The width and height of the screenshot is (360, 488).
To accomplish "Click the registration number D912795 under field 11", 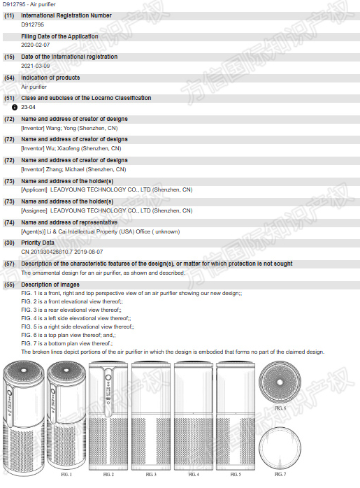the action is point(32,24).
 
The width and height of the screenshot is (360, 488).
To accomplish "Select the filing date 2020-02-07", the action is point(36,45).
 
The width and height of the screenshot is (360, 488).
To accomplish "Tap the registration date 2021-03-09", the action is point(36,66).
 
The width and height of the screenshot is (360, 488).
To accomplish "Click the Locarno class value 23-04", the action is point(29,107).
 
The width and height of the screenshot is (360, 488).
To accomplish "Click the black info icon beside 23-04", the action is point(14,108).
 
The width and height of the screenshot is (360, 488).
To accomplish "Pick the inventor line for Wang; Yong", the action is point(69,128).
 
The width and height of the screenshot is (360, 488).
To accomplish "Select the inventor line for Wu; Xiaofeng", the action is point(71,148).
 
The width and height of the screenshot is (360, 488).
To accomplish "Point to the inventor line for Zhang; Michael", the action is point(73,170).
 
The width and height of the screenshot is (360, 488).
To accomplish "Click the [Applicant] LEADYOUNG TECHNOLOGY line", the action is point(107,190).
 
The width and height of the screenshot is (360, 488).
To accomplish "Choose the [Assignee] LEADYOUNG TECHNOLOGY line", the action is point(107,210).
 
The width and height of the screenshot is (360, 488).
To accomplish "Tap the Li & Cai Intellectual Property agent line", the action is point(101,232).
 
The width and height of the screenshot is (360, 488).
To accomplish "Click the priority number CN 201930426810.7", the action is point(46,252).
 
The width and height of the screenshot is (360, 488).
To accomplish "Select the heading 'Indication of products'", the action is point(50,78).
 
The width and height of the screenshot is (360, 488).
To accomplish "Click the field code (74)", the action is point(9,222).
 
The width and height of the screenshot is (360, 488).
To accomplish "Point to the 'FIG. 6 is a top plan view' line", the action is point(69,335).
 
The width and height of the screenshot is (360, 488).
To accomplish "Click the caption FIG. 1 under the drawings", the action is point(66,474).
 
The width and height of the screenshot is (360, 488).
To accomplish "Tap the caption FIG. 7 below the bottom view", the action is point(280,474).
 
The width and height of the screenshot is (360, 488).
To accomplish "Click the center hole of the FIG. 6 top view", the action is point(280,382).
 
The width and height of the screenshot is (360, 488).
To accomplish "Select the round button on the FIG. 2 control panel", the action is point(108,378).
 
